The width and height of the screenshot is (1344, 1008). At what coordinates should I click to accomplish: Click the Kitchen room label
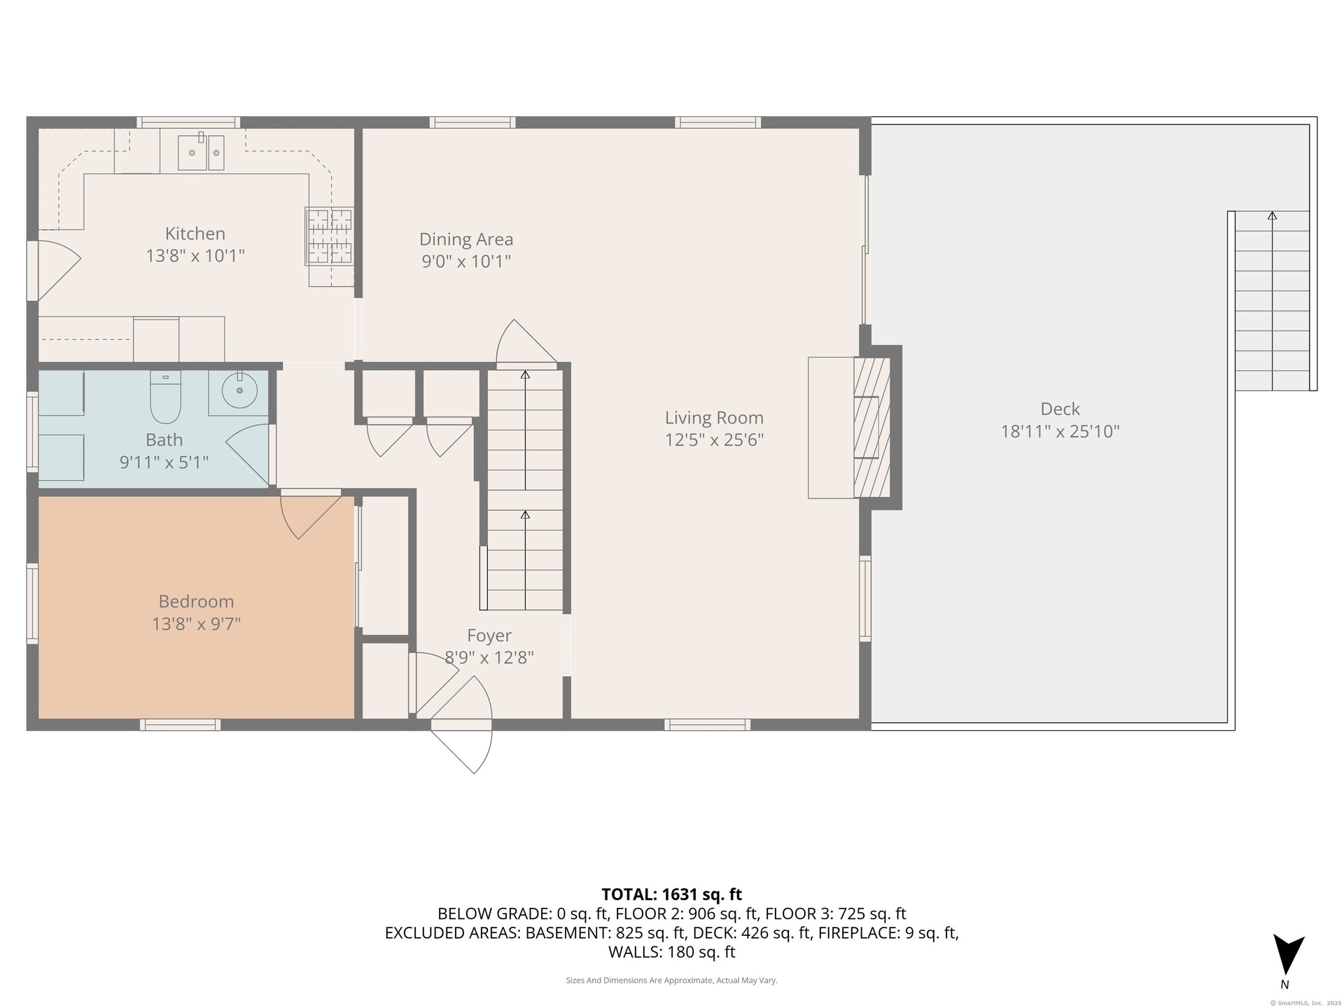(195, 233)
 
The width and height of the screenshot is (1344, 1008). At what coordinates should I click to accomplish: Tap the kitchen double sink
(200, 153)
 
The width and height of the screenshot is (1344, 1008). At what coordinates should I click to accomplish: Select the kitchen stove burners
(329, 236)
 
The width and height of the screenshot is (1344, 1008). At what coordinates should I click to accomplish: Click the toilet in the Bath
(166, 397)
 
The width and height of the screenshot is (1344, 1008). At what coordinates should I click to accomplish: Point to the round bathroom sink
(239, 390)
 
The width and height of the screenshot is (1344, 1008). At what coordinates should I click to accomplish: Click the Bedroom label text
(196, 601)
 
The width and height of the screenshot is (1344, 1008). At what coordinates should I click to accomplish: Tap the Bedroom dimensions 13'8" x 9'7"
(196, 624)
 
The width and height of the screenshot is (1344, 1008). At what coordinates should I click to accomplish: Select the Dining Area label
(466, 239)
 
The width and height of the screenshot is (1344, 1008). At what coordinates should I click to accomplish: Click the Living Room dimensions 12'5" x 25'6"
(714, 440)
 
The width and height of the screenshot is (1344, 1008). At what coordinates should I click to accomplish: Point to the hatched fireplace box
(871, 428)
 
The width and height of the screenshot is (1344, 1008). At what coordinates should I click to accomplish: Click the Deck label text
(1060, 409)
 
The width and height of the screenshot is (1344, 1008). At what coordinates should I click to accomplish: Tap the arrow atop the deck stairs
(1272, 216)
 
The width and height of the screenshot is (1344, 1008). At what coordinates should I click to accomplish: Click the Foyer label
(489, 636)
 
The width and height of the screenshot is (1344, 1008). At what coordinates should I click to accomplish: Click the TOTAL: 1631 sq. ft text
(672, 895)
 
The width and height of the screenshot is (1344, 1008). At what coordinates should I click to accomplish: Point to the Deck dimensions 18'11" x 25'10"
(1060, 431)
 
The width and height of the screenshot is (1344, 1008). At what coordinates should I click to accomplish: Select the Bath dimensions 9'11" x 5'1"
(164, 462)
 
